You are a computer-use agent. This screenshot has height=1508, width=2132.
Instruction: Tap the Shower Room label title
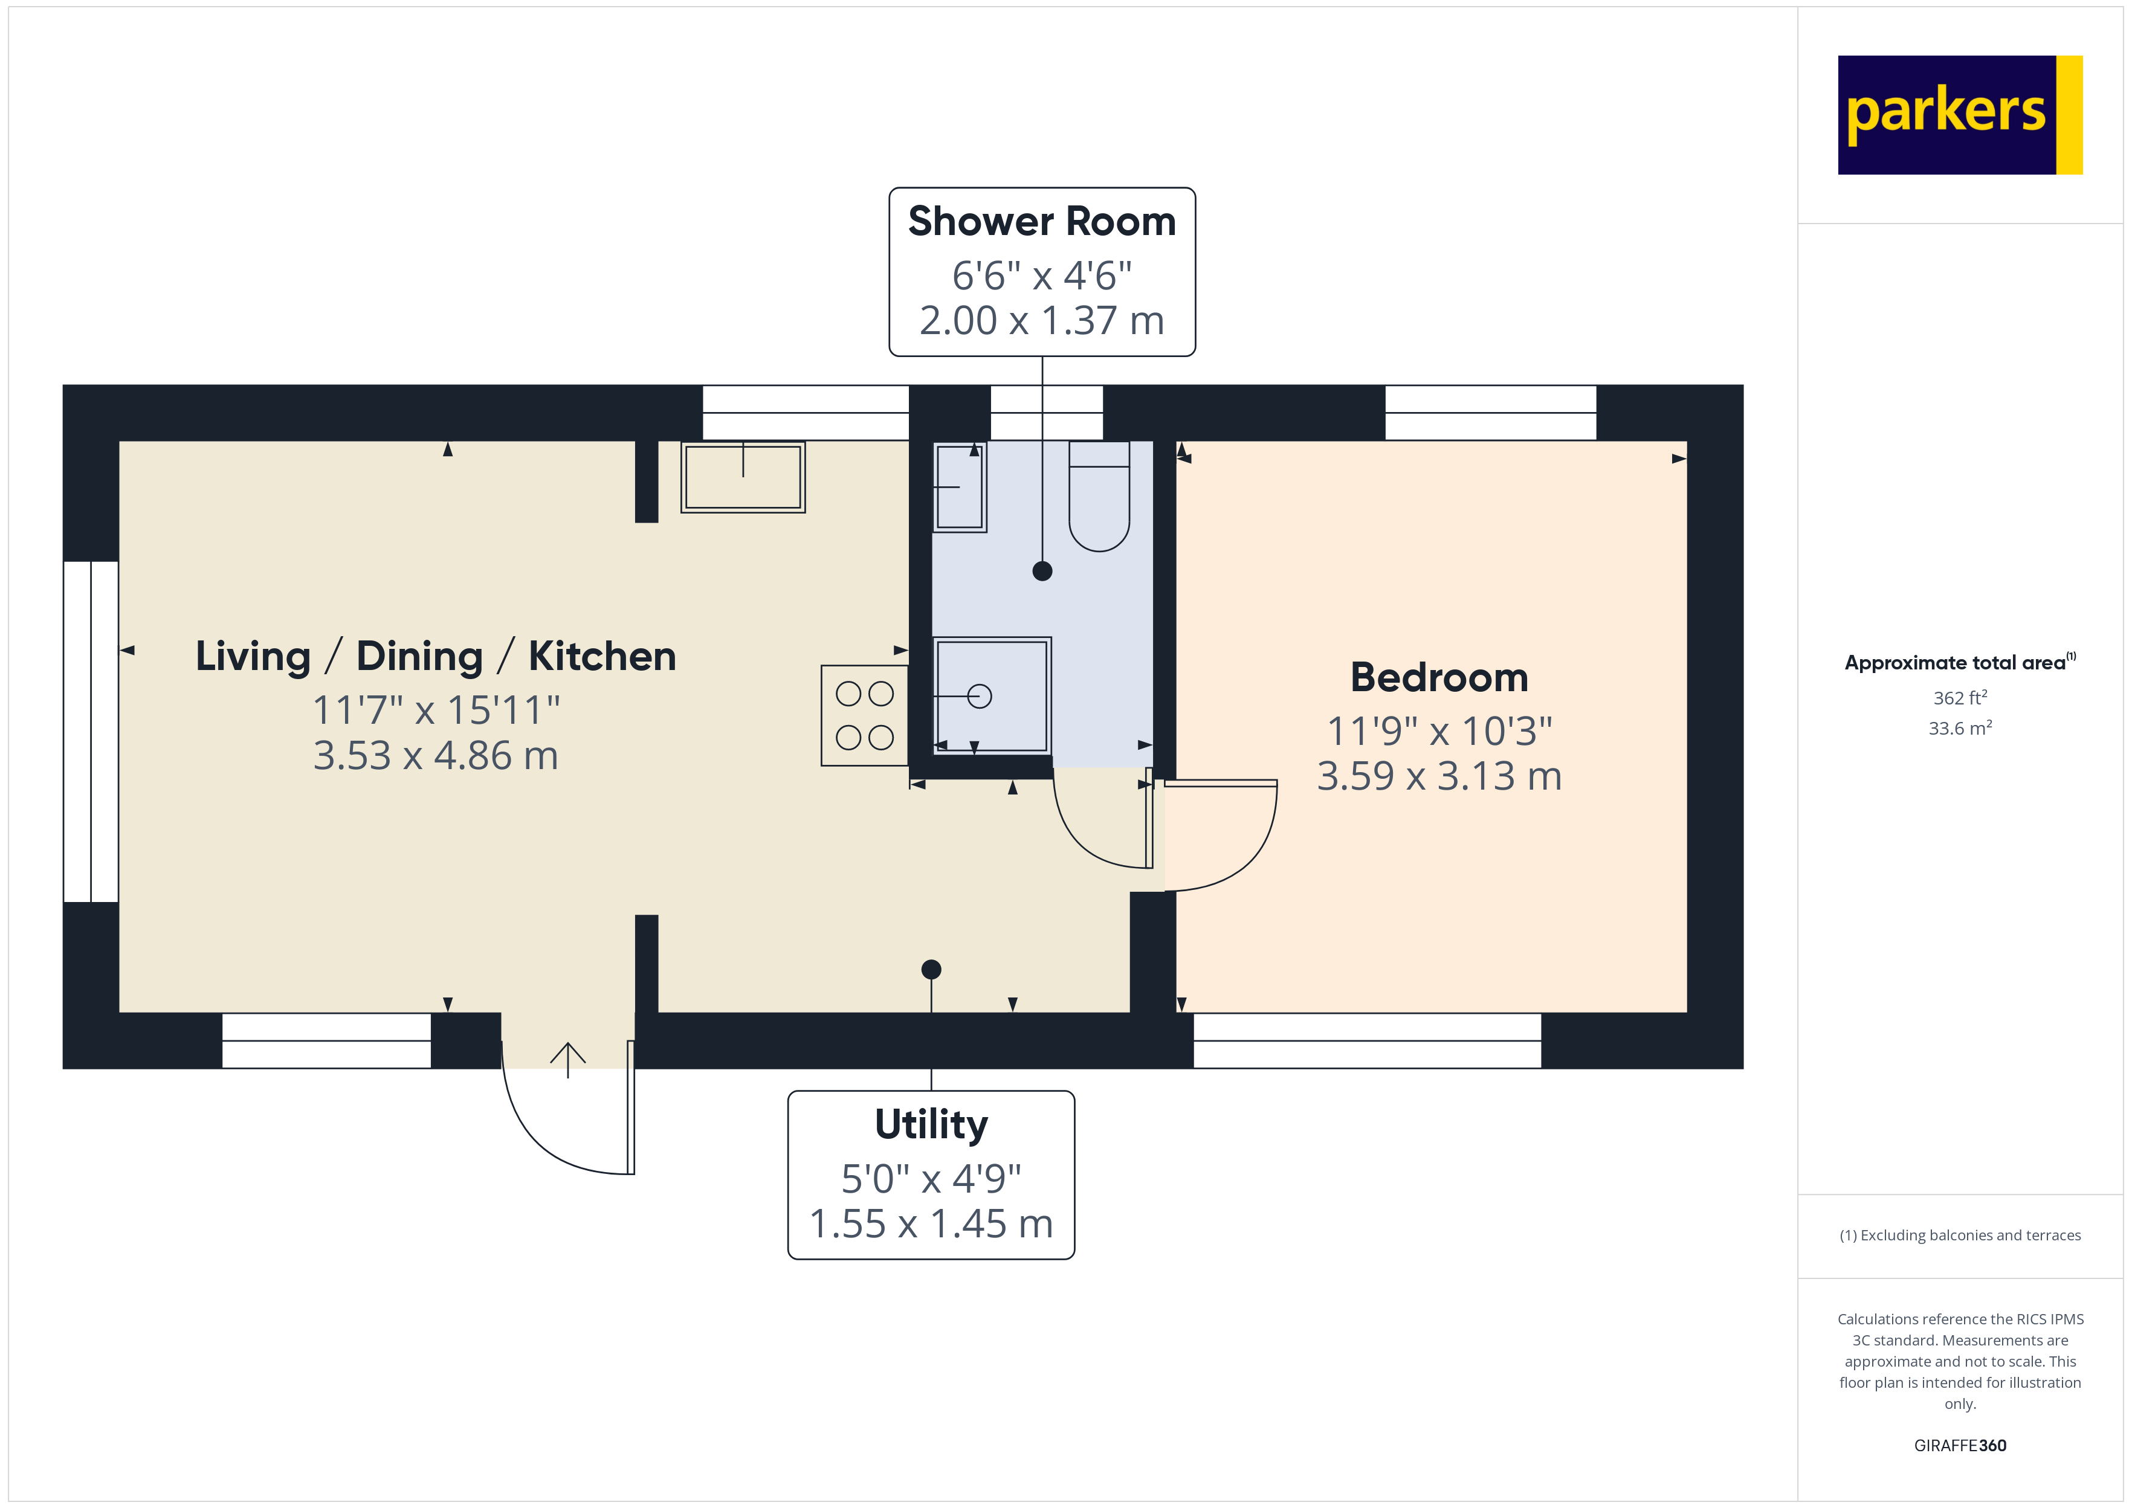tap(1042, 221)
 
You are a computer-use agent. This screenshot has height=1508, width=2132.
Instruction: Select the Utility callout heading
tap(931, 1124)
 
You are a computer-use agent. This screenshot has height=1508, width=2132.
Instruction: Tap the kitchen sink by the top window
tap(743, 476)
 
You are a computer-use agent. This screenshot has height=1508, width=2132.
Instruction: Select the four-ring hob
tap(865, 715)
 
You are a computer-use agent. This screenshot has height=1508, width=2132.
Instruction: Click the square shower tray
tap(992, 695)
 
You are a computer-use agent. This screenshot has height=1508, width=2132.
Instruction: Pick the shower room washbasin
tap(959, 486)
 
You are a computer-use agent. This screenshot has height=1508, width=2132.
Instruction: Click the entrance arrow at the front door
tap(567, 1058)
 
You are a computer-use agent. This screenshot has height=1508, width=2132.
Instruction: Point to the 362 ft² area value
tap(1959, 697)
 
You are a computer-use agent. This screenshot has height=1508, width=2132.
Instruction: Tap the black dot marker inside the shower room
tap(1042, 571)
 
